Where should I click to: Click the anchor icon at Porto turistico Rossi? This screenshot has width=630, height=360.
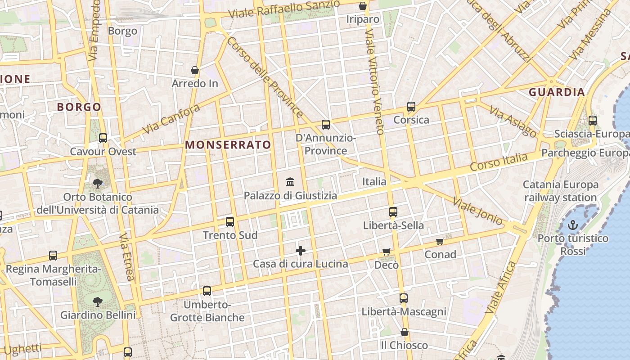[x=572, y=225]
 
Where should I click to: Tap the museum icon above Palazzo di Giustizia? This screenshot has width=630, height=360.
[x=290, y=182]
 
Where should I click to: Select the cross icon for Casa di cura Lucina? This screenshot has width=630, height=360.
[x=301, y=251]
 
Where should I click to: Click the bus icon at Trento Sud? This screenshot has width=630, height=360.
[x=230, y=222]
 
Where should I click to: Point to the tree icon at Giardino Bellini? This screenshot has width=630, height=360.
[x=97, y=301]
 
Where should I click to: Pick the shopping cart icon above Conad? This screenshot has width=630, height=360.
[x=440, y=242]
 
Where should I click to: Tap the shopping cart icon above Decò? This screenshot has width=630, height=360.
[x=386, y=252]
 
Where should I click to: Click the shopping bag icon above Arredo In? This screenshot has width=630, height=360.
[x=195, y=70]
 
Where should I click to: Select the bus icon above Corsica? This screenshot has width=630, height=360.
[x=411, y=107]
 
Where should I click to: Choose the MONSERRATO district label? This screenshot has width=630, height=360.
[x=228, y=145]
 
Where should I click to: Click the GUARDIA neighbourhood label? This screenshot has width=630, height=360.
[x=557, y=93]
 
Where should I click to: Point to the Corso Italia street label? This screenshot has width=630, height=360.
[x=498, y=162]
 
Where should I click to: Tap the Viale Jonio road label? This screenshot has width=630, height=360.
[x=477, y=211]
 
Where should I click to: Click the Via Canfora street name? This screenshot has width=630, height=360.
[x=171, y=119]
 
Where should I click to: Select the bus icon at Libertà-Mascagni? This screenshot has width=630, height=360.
[x=404, y=298]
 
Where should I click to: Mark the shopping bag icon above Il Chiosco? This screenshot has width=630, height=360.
[x=405, y=333]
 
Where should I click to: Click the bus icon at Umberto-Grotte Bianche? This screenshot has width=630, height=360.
[x=207, y=291]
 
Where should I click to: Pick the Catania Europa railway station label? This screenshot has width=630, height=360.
[x=560, y=191]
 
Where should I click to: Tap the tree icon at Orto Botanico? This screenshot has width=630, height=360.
[x=97, y=183]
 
